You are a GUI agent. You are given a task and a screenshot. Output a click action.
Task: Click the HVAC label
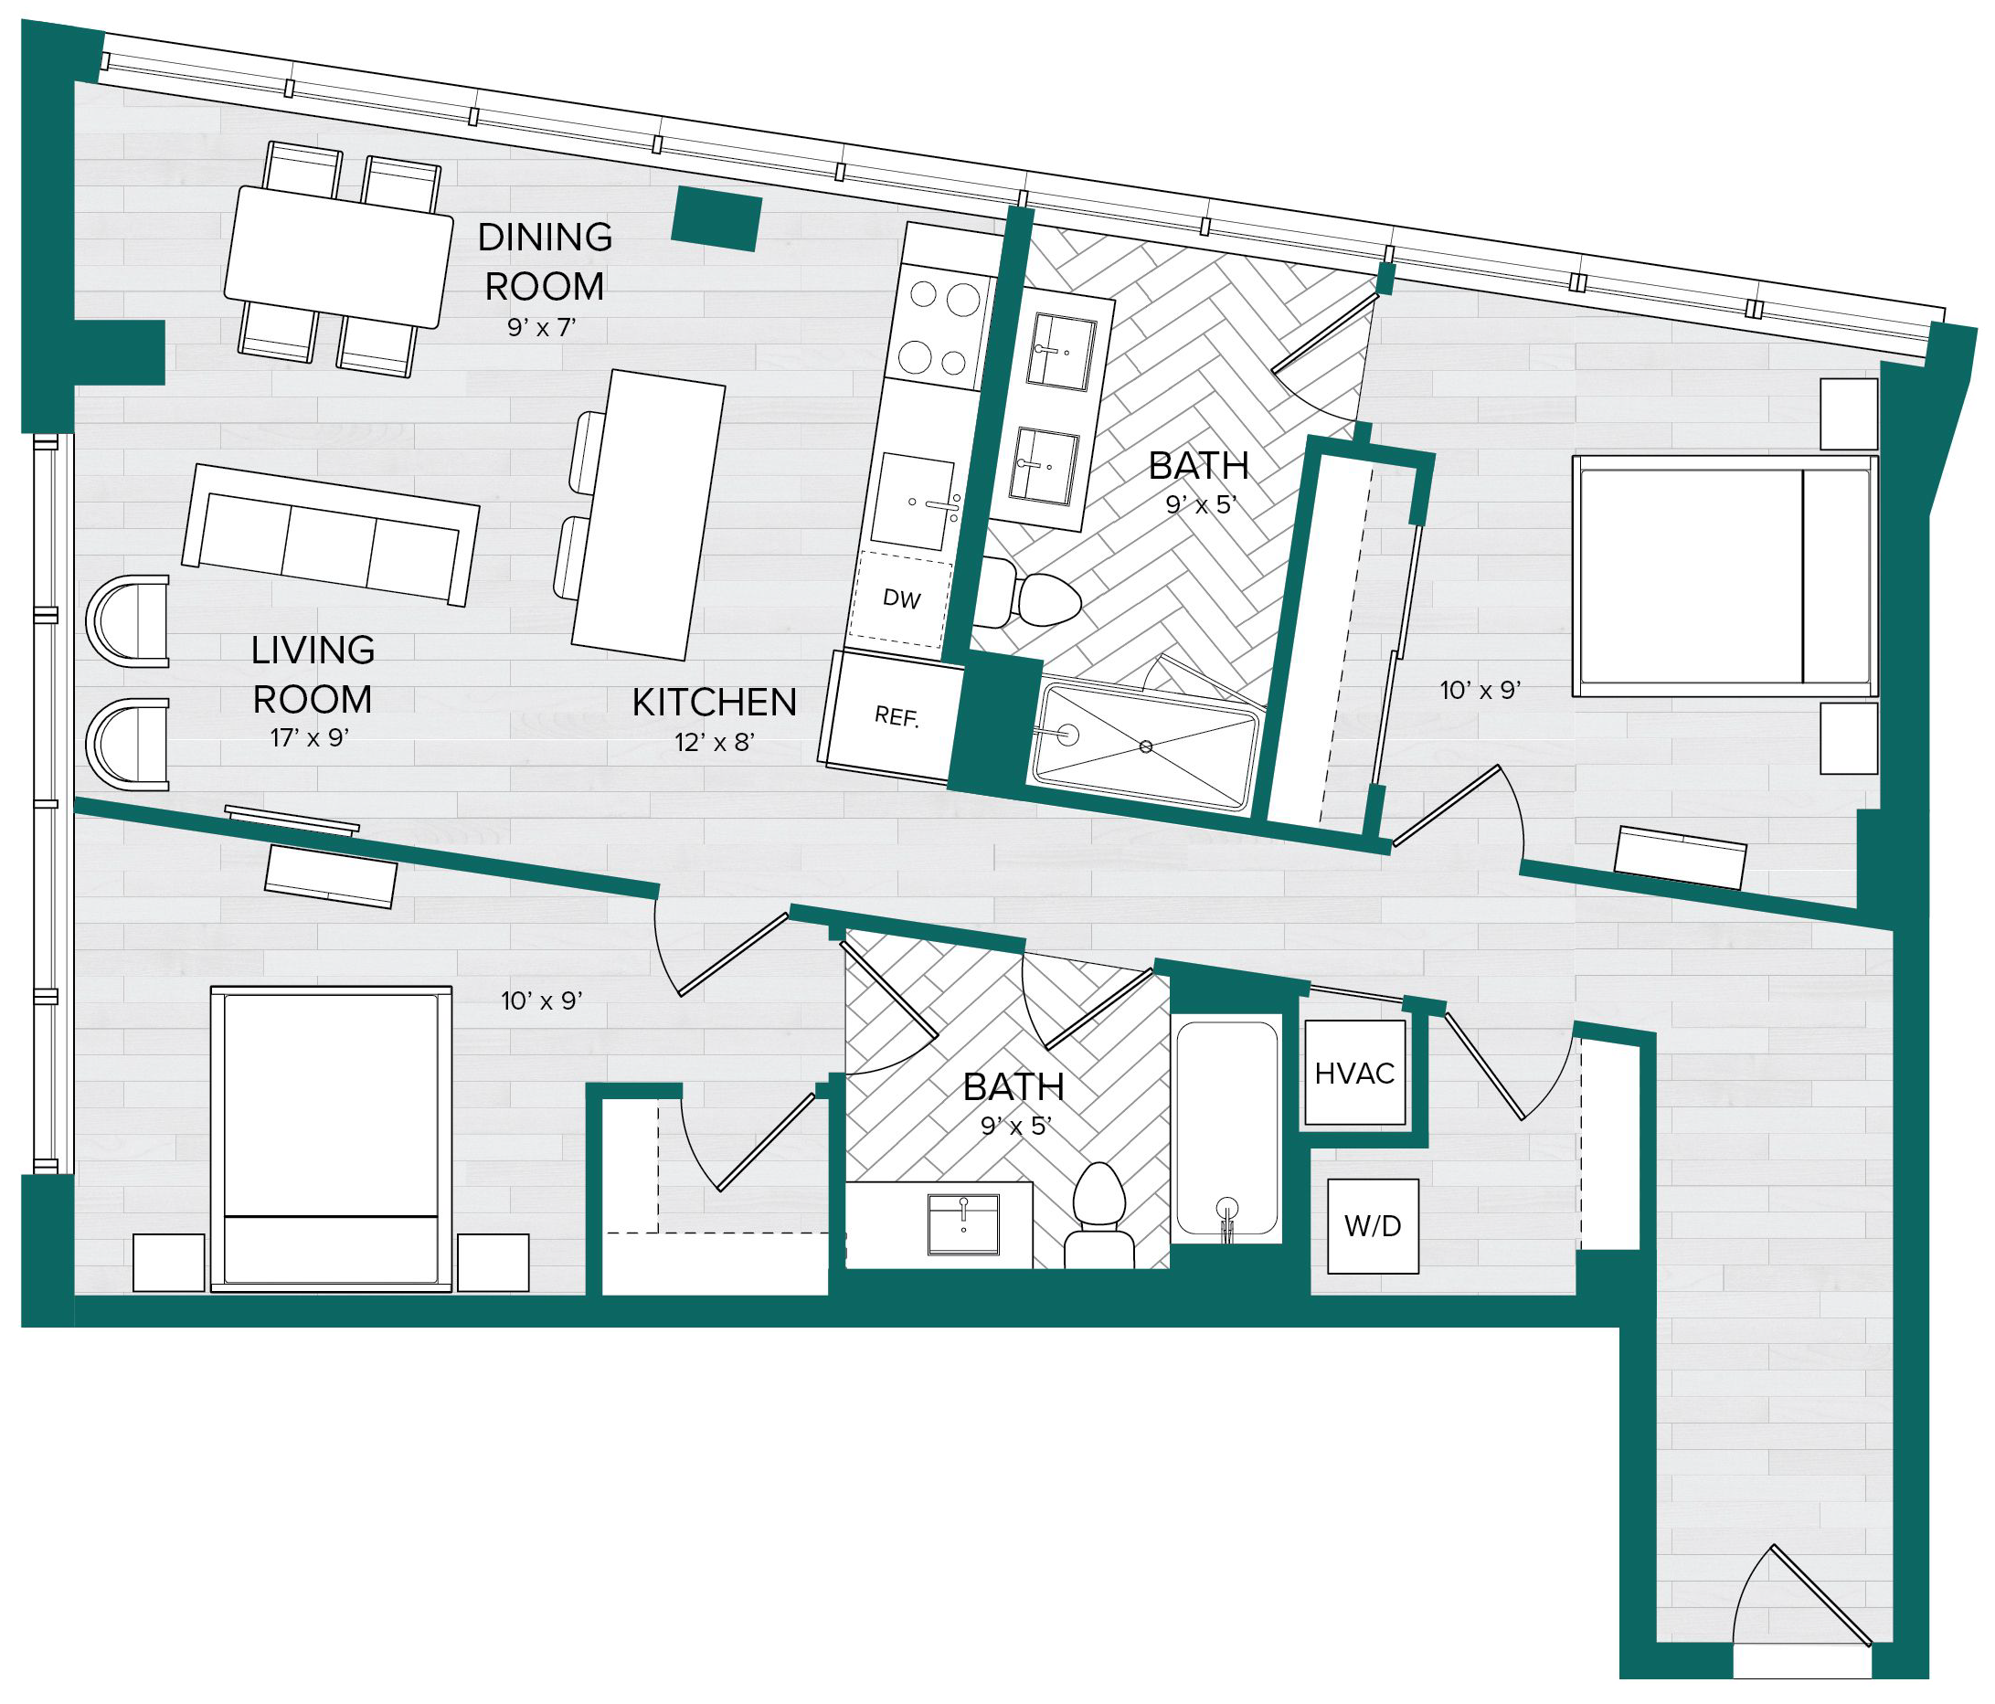1353,1074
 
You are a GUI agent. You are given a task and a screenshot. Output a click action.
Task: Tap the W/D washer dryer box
1373,1226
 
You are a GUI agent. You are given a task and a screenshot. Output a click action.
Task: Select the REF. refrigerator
893,714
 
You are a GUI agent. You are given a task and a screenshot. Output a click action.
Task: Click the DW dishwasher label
902,598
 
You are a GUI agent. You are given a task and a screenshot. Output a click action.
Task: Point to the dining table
338,257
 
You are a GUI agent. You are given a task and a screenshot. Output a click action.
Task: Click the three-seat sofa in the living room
330,534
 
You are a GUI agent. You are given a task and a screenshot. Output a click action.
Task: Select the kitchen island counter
648,515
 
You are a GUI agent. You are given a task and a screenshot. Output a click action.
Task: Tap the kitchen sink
915,501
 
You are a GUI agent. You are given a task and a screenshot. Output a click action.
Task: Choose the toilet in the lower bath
1099,1217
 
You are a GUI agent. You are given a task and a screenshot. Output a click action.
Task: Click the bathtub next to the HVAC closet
1227,1129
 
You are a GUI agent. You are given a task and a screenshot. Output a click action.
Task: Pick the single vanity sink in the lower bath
963,1223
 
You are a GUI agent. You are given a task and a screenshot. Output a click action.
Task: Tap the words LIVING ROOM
313,674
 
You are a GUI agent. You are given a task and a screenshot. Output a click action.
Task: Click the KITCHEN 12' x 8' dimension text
715,741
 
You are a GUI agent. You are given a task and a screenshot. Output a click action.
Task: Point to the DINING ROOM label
545,261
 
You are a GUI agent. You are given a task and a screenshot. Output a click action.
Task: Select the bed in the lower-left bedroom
331,1138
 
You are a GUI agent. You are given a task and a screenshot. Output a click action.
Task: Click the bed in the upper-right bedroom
1724,576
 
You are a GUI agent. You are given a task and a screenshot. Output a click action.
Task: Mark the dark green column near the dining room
716,219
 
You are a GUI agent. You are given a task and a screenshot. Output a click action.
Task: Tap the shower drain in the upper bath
1146,746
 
